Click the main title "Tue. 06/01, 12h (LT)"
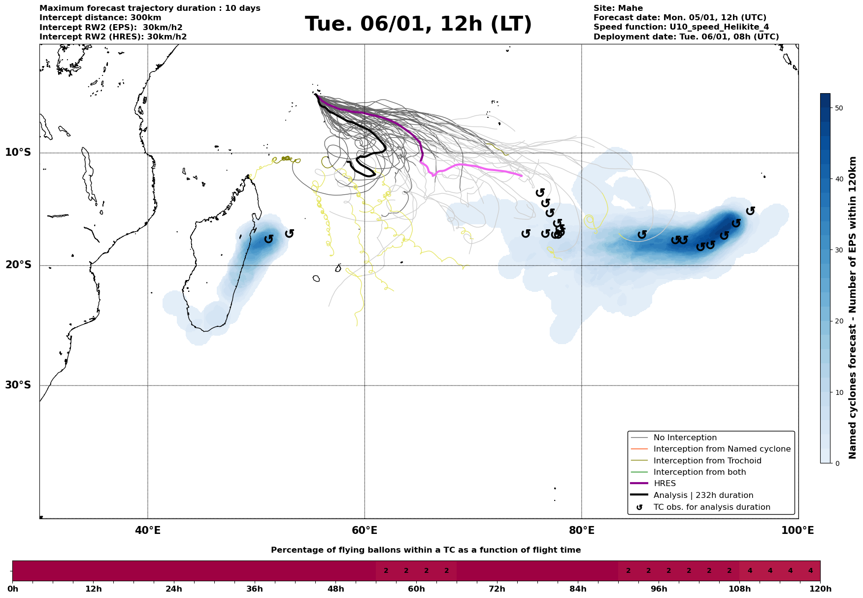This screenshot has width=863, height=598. tap(418, 24)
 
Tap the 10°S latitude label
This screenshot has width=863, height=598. tap(18, 152)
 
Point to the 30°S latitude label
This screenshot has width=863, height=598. tap(18, 385)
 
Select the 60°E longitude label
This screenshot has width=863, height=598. tap(365, 531)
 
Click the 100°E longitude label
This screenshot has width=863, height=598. tap(797, 531)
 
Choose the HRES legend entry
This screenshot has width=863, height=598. tap(664, 484)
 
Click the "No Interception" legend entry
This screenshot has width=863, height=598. tap(685, 438)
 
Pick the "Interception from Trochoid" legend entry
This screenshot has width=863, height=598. tap(707, 461)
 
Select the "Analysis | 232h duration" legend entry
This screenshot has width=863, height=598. tap(703, 495)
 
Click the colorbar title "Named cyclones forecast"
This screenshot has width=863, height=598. tap(853, 308)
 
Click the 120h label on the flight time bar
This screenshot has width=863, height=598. tap(820, 589)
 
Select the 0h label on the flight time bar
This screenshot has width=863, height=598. tap(12, 589)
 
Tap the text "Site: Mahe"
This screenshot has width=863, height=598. tap(618, 8)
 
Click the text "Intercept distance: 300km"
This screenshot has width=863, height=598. tap(100, 18)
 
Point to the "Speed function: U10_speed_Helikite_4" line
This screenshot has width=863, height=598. tap(681, 27)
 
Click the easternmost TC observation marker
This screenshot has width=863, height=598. tap(750, 211)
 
